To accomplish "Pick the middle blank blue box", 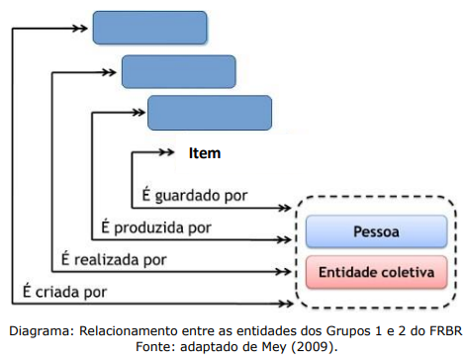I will pyautogui.click(x=178, y=70).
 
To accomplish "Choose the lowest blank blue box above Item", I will pyautogui.click(x=209, y=113).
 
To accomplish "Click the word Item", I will pyautogui.click(x=204, y=153).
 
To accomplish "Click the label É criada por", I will pyautogui.click(x=65, y=292).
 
